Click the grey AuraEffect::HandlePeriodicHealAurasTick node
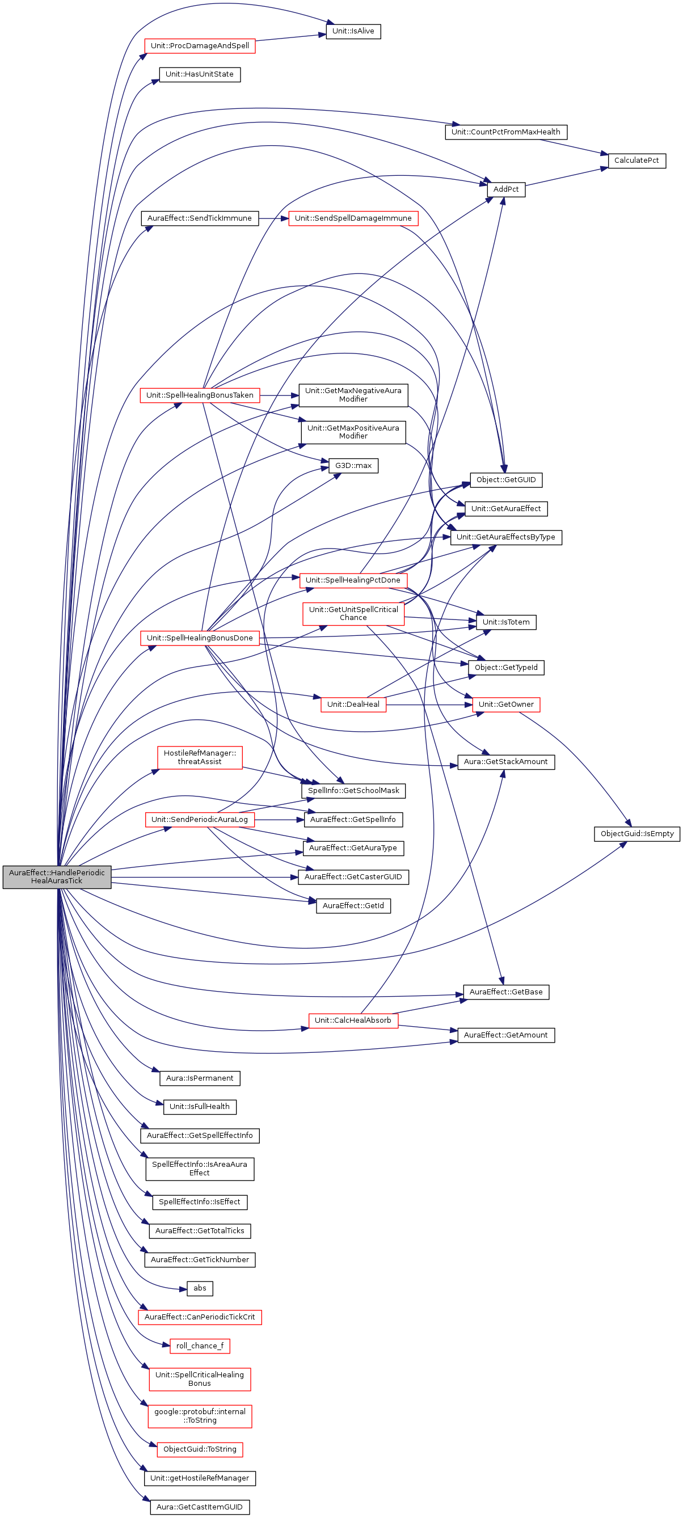tap(57, 876)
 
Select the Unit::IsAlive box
tap(353, 31)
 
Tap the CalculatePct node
tap(636, 161)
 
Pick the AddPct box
tap(505, 189)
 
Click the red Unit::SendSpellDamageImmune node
tap(353, 218)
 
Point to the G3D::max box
tap(353, 466)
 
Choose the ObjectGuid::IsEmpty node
tap(636, 833)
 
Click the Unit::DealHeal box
tap(353, 704)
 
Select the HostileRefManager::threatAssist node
tap(200, 757)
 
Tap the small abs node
tap(200, 1288)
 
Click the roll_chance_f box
tap(200, 1346)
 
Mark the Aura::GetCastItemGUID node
tap(200, 1507)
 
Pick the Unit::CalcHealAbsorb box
tap(353, 1020)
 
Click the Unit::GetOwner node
tap(505, 704)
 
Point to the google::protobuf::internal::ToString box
tap(200, 1415)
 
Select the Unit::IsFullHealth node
tap(200, 1106)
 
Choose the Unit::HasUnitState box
tap(200, 74)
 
